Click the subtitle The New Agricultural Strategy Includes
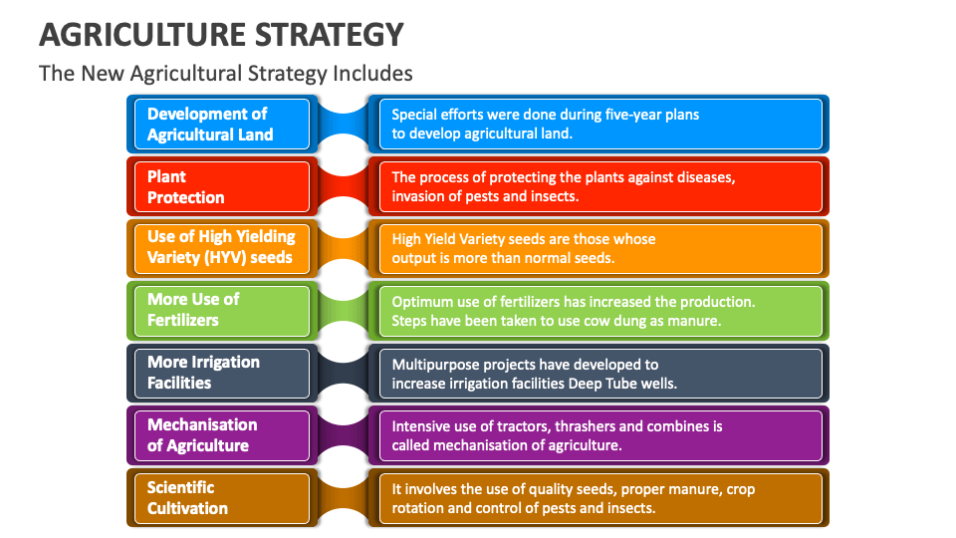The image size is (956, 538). [x=225, y=73]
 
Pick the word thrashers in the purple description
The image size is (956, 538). [x=578, y=426]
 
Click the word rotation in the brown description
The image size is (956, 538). [x=420, y=508]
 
